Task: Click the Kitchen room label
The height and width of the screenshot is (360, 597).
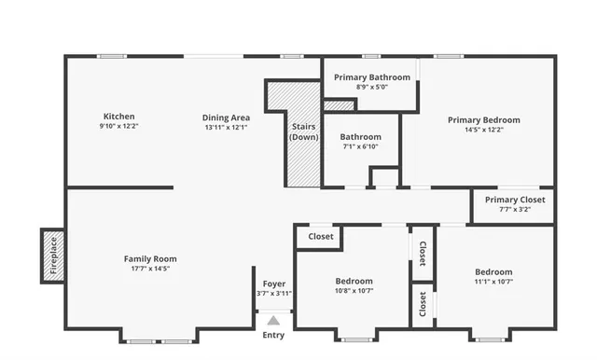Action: [x=118, y=117]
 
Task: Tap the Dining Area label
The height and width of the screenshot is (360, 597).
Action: [x=226, y=118]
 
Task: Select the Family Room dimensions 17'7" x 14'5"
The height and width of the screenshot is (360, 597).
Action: [x=150, y=269]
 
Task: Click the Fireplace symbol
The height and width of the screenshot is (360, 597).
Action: [x=53, y=255]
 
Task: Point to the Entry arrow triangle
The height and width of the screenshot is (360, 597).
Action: [x=273, y=320]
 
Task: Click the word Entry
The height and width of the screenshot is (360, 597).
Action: [x=273, y=335]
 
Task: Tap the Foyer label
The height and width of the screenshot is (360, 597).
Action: [x=273, y=284]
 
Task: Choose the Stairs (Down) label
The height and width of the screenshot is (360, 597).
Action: [x=303, y=132]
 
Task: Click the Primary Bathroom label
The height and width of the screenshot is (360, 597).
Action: [x=372, y=77]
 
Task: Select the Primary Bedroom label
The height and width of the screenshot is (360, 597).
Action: [x=483, y=119]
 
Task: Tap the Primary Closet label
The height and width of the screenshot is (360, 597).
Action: [x=515, y=200]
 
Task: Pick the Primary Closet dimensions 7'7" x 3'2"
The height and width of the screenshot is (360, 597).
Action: [x=515, y=210]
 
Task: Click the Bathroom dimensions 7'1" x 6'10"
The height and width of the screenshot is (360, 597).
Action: [x=360, y=146]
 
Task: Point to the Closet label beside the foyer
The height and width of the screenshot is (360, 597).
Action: [x=321, y=237]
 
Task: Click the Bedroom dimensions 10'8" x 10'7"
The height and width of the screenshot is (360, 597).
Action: [x=354, y=291]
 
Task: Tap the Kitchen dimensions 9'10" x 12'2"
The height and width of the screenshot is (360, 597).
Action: [x=118, y=126]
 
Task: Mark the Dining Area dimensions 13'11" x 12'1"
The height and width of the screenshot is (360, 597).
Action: [x=226, y=127]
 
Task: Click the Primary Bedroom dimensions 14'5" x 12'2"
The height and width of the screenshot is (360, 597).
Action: [x=483, y=130]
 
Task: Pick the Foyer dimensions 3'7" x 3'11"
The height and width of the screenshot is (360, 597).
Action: [x=273, y=293]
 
